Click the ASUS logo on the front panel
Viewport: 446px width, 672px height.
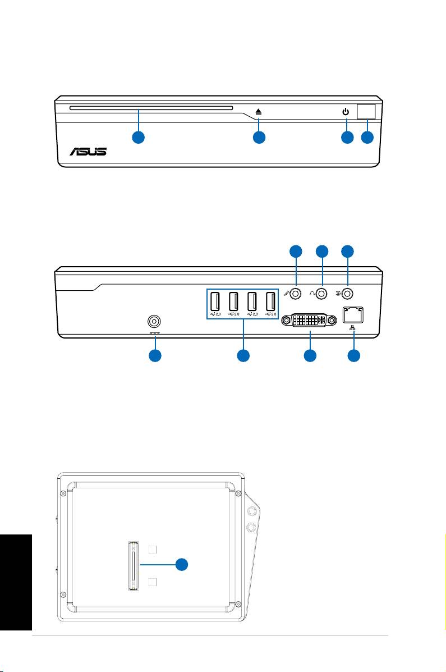pos(88,152)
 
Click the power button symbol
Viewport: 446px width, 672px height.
pos(346,112)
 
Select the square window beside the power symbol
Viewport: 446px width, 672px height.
pos(366,111)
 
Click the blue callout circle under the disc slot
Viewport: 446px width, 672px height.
pos(139,138)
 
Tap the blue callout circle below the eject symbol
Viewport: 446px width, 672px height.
pos(259,138)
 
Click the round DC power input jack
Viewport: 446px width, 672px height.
pos(154,322)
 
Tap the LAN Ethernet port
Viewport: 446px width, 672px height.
pos(353,317)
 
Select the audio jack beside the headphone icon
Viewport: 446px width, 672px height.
pos(321,292)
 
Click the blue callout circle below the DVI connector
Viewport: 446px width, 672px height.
pos(309,356)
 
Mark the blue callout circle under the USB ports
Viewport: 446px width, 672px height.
pos(243,356)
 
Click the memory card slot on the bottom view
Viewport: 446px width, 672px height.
pos(133,565)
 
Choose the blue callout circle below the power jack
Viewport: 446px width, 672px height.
pos(155,356)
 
